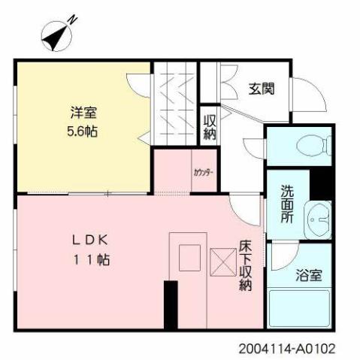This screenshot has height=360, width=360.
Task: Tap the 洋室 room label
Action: point(84,114)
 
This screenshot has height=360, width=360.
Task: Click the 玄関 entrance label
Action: point(261,89)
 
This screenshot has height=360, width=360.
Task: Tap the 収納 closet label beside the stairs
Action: point(210,127)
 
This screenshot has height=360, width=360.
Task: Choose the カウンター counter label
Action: point(203,172)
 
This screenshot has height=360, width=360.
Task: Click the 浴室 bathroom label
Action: point(307,274)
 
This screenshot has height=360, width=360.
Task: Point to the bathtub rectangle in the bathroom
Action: point(299,309)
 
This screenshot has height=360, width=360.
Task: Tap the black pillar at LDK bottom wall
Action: point(171,305)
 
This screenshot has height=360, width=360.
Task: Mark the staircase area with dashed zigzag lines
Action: point(176,101)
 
